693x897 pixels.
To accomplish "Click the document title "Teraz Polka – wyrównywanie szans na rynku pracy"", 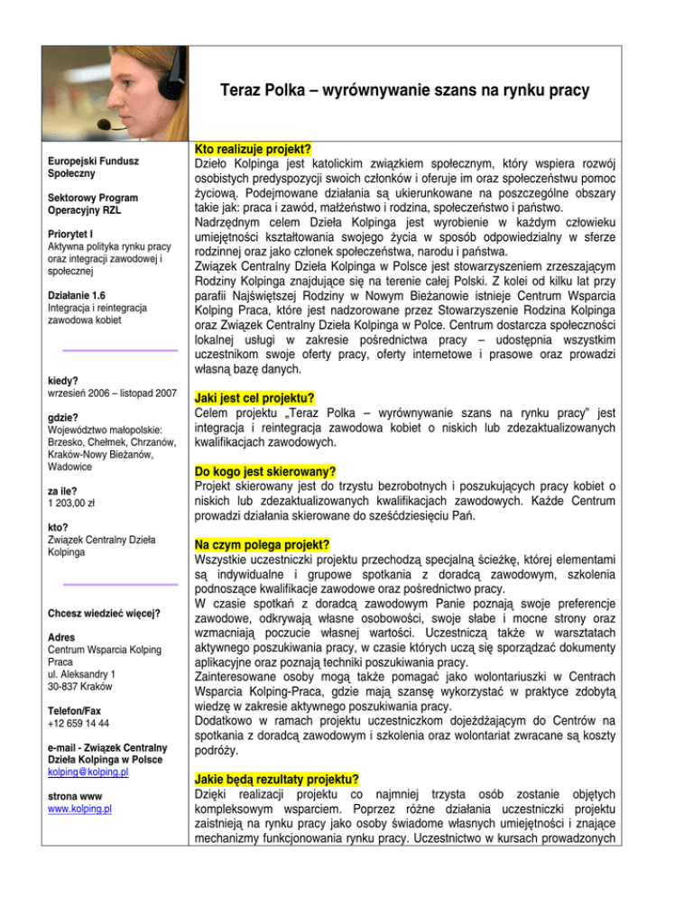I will tap(403, 91).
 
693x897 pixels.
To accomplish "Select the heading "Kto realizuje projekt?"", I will tap(254, 149).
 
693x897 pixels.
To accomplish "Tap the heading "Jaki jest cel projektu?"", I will tap(255, 397).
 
